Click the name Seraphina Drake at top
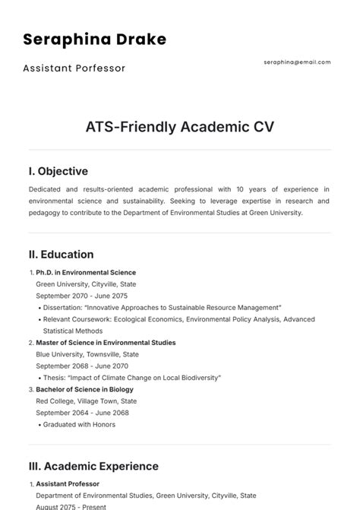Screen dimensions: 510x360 pyautogui.click(x=95, y=39)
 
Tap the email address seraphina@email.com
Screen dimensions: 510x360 pyautogui.click(x=297, y=62)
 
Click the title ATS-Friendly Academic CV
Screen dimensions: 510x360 pyautogui.click(x=179, y=126)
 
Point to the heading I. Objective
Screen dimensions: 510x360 pyautogui.click(x=58, y=171)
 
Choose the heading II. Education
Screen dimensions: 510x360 pyautogui.click(x=61, y=255)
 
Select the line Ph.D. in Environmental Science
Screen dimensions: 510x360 pyautogui.click(x=86, y=272)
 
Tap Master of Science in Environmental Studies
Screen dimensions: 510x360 pyautogui.click(x=106, y=343)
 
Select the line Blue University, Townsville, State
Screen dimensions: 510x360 pyautogui.click(x=87, y=354)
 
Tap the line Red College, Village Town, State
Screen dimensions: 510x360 pyautogui.click(x=87, y=401)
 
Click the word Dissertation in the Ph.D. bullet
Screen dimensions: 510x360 pyautogui.click(x=63, y=307)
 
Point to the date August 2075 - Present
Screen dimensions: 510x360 pyautogui.click(x=71, y=506)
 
